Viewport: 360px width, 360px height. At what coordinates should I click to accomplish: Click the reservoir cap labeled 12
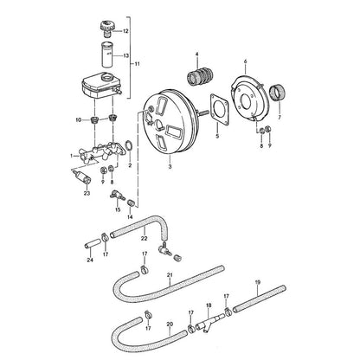[x=107, y=29]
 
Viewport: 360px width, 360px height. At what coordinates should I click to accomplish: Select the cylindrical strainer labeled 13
[x=106, y=55]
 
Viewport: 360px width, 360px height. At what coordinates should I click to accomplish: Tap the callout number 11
[x=137, y=64]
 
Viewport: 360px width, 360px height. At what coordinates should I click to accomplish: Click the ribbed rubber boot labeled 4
[x=200, y=77]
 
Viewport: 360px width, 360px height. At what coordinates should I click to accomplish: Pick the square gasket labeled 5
[x=220, y=109]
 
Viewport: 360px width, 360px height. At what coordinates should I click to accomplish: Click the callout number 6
[x=246, y=61]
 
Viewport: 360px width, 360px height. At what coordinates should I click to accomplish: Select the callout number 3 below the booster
[x=170, y=166]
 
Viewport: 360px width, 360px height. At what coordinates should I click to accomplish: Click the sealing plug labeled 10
[x=94, y=119]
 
